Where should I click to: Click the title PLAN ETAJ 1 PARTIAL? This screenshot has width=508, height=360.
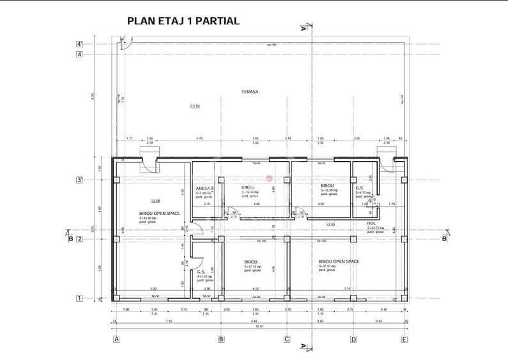click(x=183, y=21)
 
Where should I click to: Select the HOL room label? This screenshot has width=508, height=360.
click(x=371, y=224)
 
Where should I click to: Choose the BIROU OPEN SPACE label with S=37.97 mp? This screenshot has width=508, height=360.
click(x=338, y=262)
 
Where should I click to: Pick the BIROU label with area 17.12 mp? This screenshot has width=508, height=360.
click(x=250, y=262)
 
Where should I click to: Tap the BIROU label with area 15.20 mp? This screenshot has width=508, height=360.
click(x=327, y=186)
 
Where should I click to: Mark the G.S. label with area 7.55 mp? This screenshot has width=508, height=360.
click(x=201, y=272)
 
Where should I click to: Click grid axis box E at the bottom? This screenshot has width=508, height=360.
click(x=404, y=339)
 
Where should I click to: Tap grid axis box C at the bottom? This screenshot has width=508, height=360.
click(x=287, y=339)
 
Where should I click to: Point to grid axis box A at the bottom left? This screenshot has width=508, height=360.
click(x=116, y=339)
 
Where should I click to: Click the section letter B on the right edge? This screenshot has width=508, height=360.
click(x=443, y=239)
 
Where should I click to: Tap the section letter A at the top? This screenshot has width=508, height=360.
click(x=302, y=28)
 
